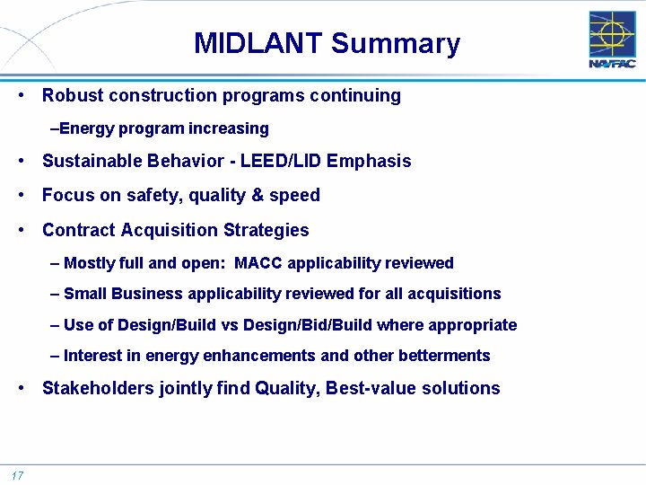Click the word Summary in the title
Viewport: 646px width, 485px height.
tap(396, 43)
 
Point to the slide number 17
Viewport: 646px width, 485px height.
tap(17, 475)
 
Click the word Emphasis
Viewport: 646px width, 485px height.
tap(369, 162)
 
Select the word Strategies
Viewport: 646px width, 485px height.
tap(266, 230)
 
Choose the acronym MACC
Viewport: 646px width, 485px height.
tap(257, 263)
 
